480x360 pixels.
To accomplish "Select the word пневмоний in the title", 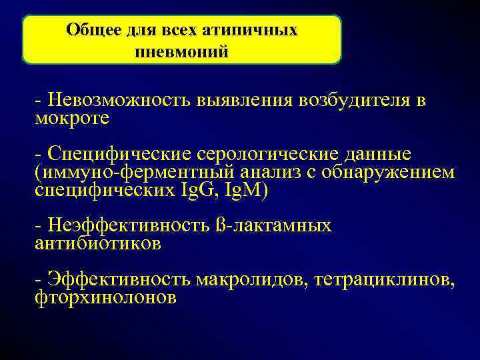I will click(181, 51).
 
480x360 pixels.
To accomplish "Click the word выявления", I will click(245, 99).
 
